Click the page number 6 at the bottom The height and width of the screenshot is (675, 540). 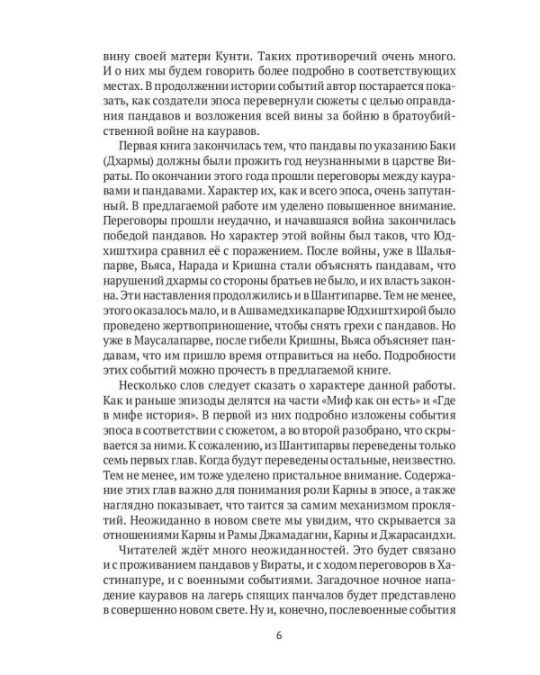pos(271,639)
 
